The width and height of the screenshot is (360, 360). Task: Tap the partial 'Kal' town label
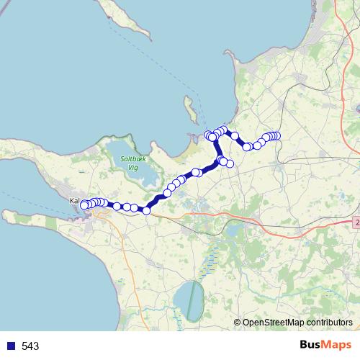[x=74, y=201]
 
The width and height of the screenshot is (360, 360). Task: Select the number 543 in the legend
[x=30, y=346]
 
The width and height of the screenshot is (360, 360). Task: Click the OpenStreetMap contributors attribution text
[x=297, y=323]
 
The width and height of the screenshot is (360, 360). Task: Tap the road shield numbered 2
[x=356, y=223]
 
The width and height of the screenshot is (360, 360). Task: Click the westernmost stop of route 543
[x=84, y=205]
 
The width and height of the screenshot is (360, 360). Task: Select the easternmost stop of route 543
[x=276, y=136]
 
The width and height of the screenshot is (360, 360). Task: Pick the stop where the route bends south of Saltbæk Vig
[x=146, y=210]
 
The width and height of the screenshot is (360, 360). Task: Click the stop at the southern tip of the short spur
[x=230, y=163]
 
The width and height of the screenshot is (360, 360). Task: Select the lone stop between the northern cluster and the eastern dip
[x=235, y=136]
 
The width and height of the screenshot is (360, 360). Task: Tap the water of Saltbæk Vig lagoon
[x=140, y=173]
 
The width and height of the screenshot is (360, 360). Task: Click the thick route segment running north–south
[x=218, y=148]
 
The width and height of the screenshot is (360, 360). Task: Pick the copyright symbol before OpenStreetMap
[x=237, y=323]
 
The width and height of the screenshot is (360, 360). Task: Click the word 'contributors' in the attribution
[x=328, y=323]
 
